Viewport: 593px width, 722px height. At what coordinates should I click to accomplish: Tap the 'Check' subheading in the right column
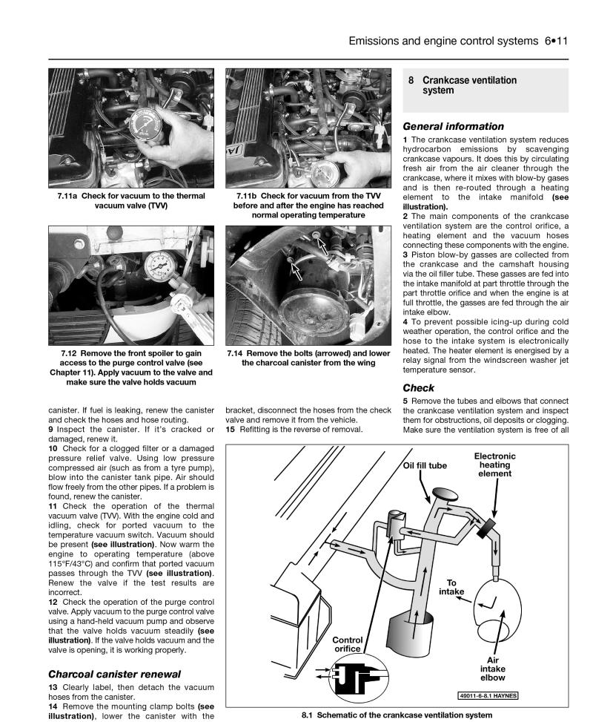pos(418,387)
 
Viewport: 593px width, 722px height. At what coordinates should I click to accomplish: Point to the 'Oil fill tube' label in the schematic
pos(425,466)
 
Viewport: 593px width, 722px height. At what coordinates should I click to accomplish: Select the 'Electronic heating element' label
pos(495,465)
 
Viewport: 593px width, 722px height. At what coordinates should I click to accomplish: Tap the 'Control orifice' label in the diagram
pos(347,644)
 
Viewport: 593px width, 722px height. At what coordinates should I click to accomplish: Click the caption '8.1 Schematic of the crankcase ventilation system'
pos(397,715)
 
